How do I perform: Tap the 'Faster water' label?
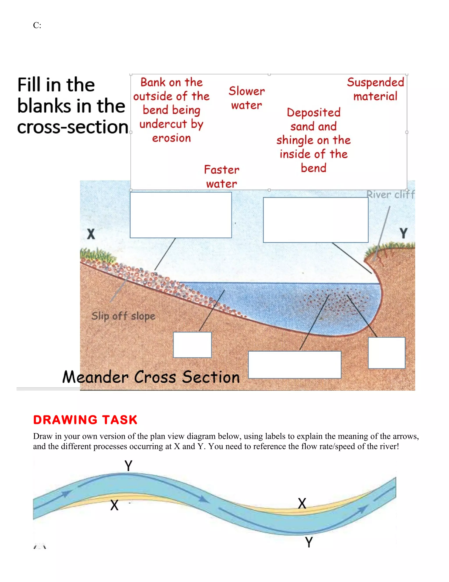pos(222,177)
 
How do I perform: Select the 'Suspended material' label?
pos(375,89)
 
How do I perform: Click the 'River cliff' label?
pos(390,195)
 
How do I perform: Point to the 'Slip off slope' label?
pos(123,316)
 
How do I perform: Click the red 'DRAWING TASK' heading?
pos(85,420)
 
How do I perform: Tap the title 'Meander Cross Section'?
pos(151,377)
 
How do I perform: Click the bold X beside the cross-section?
pos(91,234)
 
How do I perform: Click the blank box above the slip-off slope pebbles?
pos(181,215)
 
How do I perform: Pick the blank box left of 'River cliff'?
pos(315,220)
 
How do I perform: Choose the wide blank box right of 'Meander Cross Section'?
pos(294,365)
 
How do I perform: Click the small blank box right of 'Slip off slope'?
pos(192,345)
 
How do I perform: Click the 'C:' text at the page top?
pos(37,25)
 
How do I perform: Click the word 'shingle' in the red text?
pos(294,140)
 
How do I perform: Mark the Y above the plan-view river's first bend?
pos(128,466)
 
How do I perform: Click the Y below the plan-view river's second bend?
pos(309,542)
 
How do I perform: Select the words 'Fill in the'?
pos(56,85)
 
